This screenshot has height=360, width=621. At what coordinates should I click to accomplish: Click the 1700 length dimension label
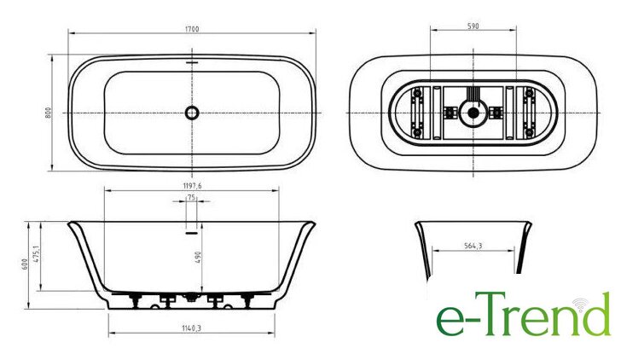click(192, 29)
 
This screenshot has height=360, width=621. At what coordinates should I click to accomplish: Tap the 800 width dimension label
click(49, 113)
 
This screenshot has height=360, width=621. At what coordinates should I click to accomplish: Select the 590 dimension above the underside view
click(473, 26)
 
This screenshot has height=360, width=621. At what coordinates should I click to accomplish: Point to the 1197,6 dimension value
click(192, 186)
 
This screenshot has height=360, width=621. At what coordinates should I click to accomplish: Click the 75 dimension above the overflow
click(191, 197)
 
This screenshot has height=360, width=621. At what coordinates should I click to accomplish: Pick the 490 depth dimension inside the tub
click(198, 258)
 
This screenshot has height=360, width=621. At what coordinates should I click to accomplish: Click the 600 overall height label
click(25, 264)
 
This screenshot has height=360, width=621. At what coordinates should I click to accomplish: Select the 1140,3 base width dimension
click(192, 328)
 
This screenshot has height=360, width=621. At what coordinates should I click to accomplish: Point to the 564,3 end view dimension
click(473, 246)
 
